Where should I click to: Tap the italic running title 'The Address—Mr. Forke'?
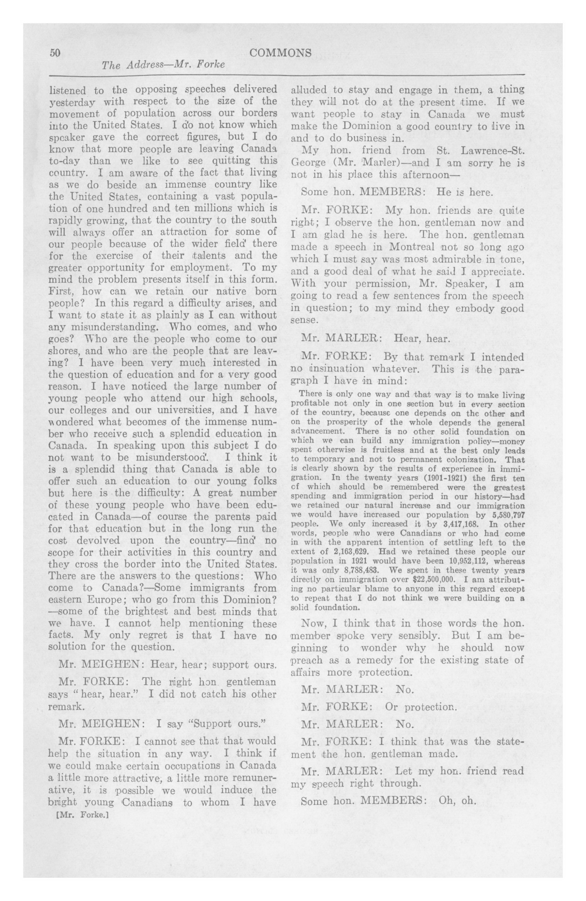coord(163,65)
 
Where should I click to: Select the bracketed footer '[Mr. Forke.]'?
coord(82,814)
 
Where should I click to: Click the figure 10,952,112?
coord(467,561)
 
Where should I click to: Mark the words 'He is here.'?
coord(465,191)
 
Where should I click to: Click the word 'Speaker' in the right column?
coord(467,283)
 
